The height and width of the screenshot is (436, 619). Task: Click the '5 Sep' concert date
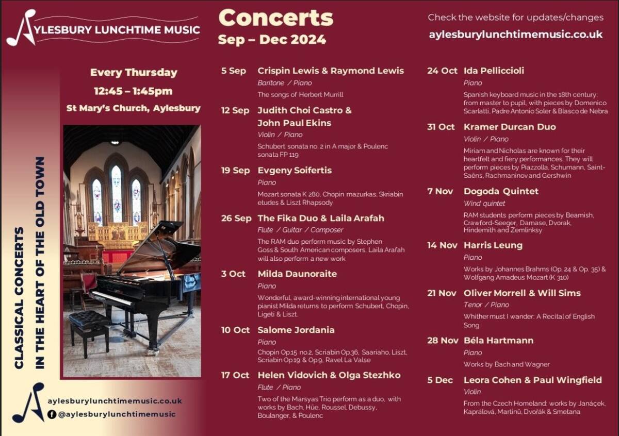point(233,71)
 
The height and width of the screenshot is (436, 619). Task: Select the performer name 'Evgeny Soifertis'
point(295,170)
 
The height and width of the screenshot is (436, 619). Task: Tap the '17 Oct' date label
point(235,375)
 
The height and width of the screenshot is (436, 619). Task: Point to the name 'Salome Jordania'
point(296,330)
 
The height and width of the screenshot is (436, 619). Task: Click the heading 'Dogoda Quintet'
point(501,191)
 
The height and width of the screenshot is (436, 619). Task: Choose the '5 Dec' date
point(440,380)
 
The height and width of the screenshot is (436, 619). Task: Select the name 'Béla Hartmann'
point(498,341)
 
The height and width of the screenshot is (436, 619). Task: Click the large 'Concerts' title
point(276,18)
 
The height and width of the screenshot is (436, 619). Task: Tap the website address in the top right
point(515,35)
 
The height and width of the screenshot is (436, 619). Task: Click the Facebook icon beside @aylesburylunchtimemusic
point(52,414)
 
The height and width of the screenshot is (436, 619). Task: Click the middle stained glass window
point(117,193)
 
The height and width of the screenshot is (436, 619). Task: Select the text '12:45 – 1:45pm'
point(133,91)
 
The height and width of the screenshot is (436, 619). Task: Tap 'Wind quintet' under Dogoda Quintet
point(484,204)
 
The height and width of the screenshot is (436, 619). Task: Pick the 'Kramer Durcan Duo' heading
point(510,127)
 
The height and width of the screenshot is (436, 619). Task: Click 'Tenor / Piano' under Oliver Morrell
point(486,305)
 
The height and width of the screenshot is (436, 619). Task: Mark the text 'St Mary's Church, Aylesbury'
point(133,108)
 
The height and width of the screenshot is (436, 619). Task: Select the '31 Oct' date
point(441,127)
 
